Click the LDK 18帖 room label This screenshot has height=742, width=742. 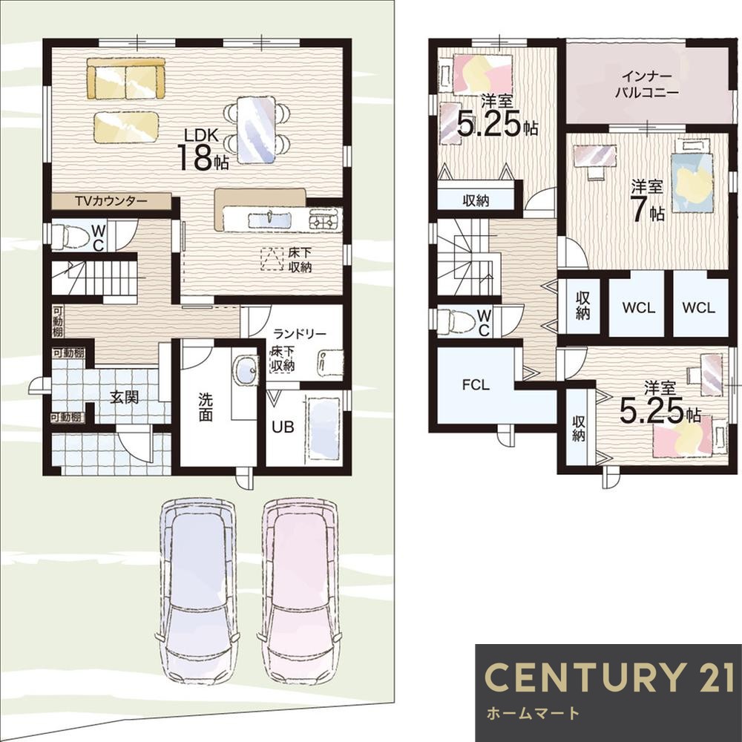(x=203, y=149)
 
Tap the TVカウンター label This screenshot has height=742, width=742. (x=111, y=201)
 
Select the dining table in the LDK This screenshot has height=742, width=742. (x=256, y=130)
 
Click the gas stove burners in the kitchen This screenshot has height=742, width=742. (x=326, y=220)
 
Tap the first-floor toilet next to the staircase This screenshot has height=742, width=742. (x=68, y=236)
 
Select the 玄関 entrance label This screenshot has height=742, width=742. (x=124, y=397)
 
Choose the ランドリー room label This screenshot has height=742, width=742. (x=300, y=334)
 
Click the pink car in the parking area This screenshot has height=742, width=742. (x=300, y=588)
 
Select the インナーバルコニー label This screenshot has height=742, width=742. (x=647, y=85)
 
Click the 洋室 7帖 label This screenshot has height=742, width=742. (x=647, y=200)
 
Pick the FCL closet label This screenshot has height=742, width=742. (x=476, y=385)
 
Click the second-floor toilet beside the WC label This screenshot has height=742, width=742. (x=456, y=322)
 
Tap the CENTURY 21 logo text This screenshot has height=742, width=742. (x=609, y=677)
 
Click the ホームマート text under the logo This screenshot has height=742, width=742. (x=532, y=712)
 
